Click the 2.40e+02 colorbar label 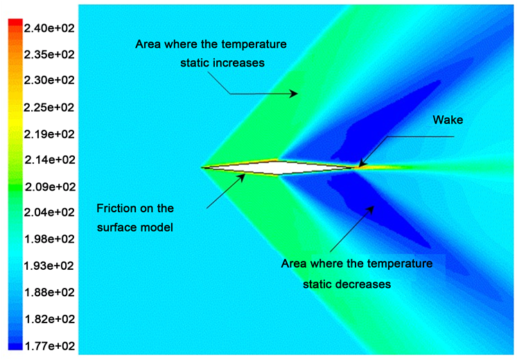pyautogui.click(x=49, y=28)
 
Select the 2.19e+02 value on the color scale pyautogui.click(x=49, y=135)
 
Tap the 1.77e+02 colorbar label pyautogui.click(x=50, y=346)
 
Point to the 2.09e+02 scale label pyautogui.click(x=50, y=187)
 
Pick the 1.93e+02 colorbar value pyautogui.click(x=49, y=266)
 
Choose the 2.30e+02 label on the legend pyautogui.click(x=49, y=80)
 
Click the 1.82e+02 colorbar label pyautogui.click(x=50, y=319)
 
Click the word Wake pyautogui.click(x=448, y=120)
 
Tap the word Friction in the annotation pyautogui.click(x=116, y=208)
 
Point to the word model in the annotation pyautogui.click(x=157, y=228)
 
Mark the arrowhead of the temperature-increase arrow pyautogui.click(x=294, y=94)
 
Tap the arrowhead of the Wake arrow pyautogui.click(x=361, y=163)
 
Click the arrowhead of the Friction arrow pyautogui.click(x=243, y=178)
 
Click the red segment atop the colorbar pyautogui.click(x=15, y=22)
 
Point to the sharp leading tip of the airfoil pyautogui.click(x=202, y=167)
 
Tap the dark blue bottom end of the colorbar pyautogui.click(x=15, y=346)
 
